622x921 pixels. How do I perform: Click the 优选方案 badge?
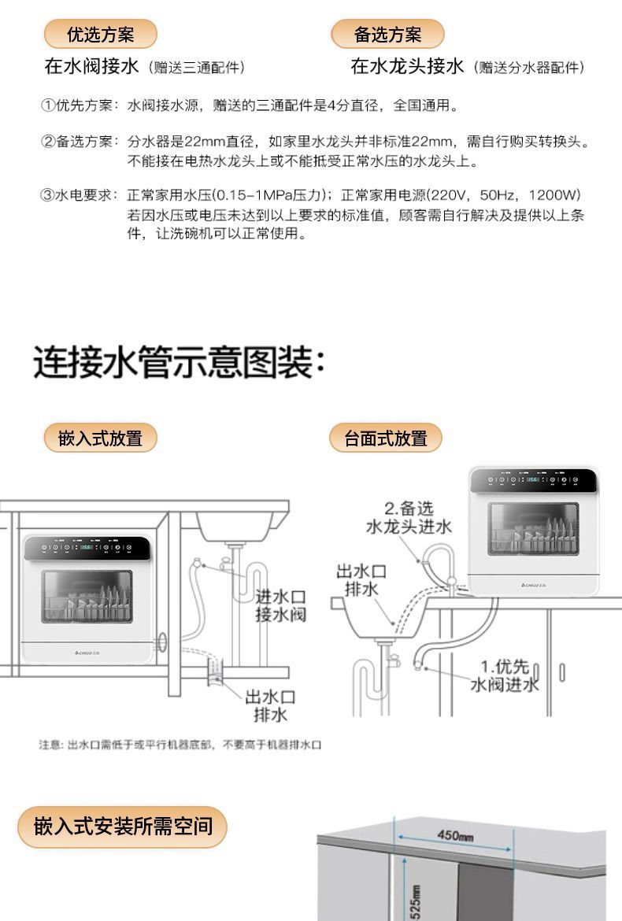click(x=100, y=34)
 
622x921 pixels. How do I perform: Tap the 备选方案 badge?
click(x=387, y=34)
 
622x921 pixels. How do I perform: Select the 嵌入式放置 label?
click(x=100, y=438)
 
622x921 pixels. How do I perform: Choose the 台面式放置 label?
click(x=386, y=438)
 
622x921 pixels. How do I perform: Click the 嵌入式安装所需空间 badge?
click(x=122, y=827)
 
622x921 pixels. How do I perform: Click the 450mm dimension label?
click(x=454, y=835)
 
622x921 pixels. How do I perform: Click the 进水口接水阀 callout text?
click(x=280, y=605)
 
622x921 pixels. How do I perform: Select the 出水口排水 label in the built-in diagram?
click(x=270, y=705)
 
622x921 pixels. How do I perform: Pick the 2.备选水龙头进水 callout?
click(x=409, y=518)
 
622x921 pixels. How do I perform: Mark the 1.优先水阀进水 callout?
click(x=505, y=676)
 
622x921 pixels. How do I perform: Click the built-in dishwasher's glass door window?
click(x=87, y=597)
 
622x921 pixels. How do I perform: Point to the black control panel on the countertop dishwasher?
click(x=533, y=479)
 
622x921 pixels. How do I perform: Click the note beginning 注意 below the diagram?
click(x=180, y=745)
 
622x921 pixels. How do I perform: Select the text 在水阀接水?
click(x=91, y=66)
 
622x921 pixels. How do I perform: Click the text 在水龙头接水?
click(x=407, y=66)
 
